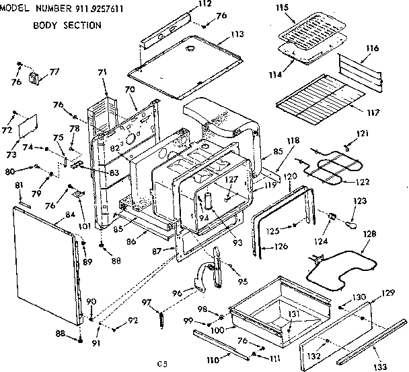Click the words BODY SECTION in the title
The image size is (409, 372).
point(67,26)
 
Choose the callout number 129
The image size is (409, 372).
point(388,293)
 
